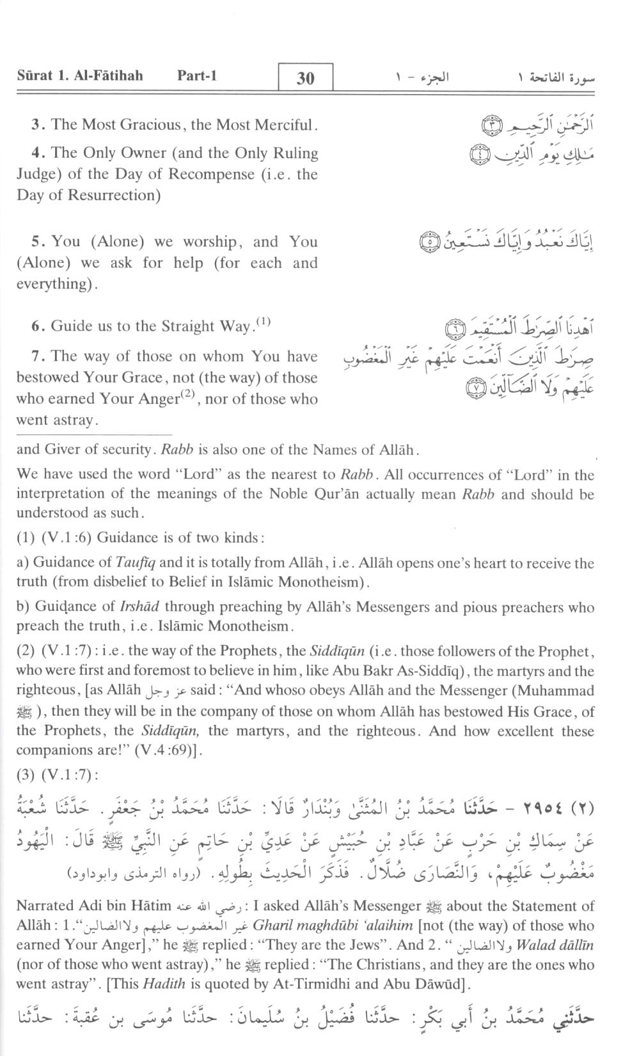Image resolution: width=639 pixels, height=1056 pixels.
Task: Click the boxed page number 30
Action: coord(306,78)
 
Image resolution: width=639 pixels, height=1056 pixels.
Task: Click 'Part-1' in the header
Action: coord(197,75)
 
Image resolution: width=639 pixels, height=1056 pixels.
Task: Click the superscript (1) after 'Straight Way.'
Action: coord(263,322)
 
